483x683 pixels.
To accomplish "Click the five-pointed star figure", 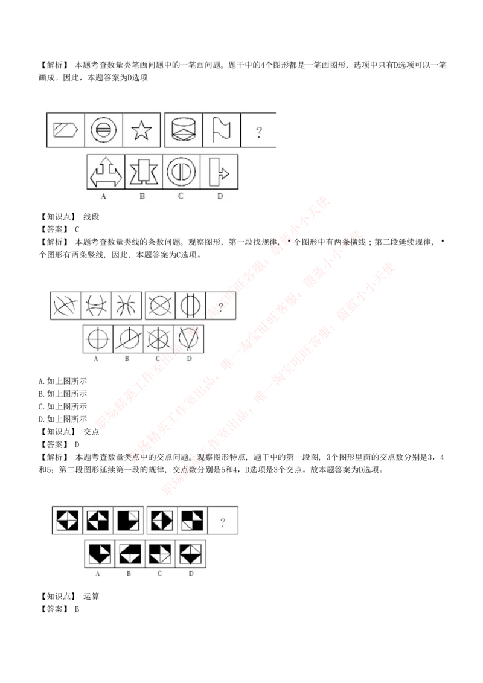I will point(141,130).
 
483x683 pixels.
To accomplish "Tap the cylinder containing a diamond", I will point(184,130).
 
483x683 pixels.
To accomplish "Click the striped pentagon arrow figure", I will point(66,130).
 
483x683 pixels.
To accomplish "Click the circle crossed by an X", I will point(160,306).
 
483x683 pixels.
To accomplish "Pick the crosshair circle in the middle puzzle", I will point(97,339).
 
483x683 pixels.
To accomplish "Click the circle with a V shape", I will point(189,339).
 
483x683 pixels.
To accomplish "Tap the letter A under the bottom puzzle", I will point(98,574).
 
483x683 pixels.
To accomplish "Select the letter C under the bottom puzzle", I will point(159,574).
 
